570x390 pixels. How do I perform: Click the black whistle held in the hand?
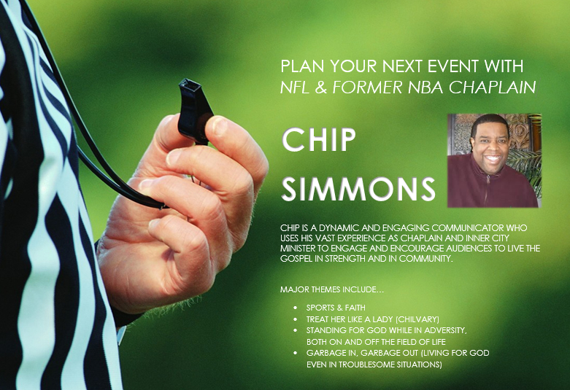193,110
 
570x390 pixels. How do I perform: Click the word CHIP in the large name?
318,140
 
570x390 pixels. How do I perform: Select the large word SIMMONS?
358,189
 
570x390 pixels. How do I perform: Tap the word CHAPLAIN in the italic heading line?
492,87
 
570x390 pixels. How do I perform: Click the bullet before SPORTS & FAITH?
295,308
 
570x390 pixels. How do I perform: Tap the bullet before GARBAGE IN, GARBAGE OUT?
295,353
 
